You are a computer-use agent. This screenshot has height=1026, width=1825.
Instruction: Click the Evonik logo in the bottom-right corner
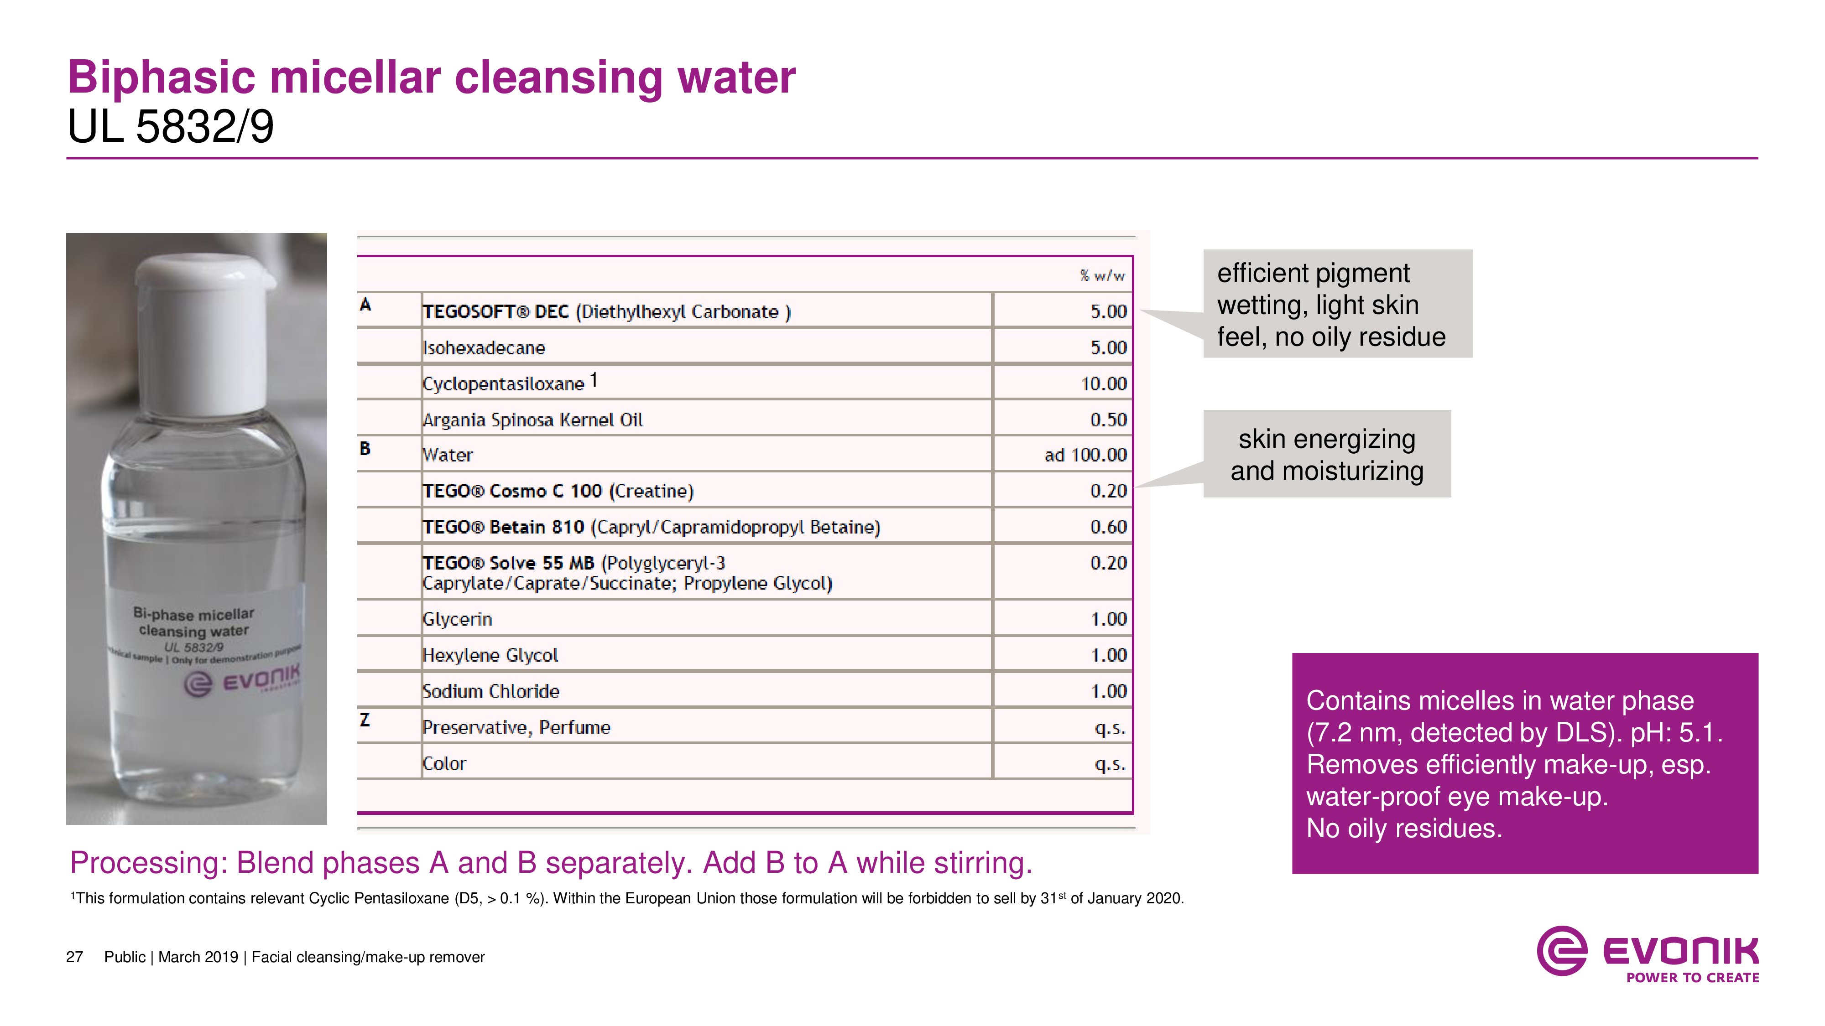pyautogui.click(x=1647, y=953)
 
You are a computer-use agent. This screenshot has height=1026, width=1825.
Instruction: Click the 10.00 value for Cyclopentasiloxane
pyautogui.click(x=1103, y=384)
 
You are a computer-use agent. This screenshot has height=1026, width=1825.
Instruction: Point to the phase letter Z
pyautogui.click(x=365, y=720)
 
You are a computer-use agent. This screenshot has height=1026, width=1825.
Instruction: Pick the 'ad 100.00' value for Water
pyautogui.click(x=1085, y=455)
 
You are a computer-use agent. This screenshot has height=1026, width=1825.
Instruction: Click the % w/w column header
pyautogui.click(x=1102, y=275)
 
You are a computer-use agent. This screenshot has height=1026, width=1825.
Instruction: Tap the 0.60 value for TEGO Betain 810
pyautogui.click(x=1108, y=527)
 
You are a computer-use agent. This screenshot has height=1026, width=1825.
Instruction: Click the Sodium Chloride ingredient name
pyautogui.click(x=491, y=691)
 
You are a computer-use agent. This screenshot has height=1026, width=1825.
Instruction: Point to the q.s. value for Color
pyautogui.click(x=1110, y=764)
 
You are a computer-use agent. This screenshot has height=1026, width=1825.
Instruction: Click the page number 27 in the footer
pyautogui.click(x=74, y=957)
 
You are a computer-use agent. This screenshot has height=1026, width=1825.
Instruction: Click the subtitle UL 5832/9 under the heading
pyautogui.click(x=170, y=128)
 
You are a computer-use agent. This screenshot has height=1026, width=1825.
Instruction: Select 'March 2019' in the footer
pyautogui.click(x=198, y=957)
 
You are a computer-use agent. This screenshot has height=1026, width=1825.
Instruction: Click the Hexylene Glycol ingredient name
pyautogui.click(x=490, y=655)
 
